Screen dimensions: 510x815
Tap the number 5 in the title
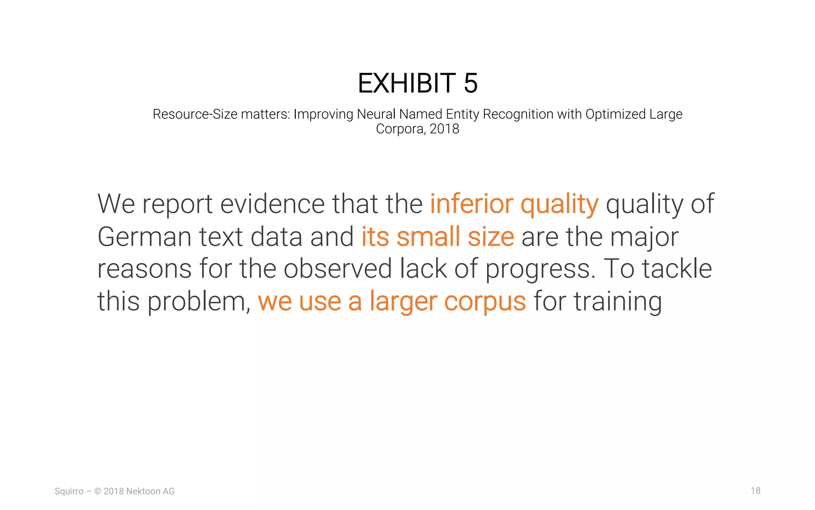point(470,83)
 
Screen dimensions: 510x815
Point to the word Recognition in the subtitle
point(518,114)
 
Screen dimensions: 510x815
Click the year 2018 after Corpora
point(445,129)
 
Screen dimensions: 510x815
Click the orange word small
point(428,237)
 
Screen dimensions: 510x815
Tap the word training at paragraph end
point(618,302)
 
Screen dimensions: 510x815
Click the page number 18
point(755,490)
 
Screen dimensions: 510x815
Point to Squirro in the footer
point(69,491)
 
